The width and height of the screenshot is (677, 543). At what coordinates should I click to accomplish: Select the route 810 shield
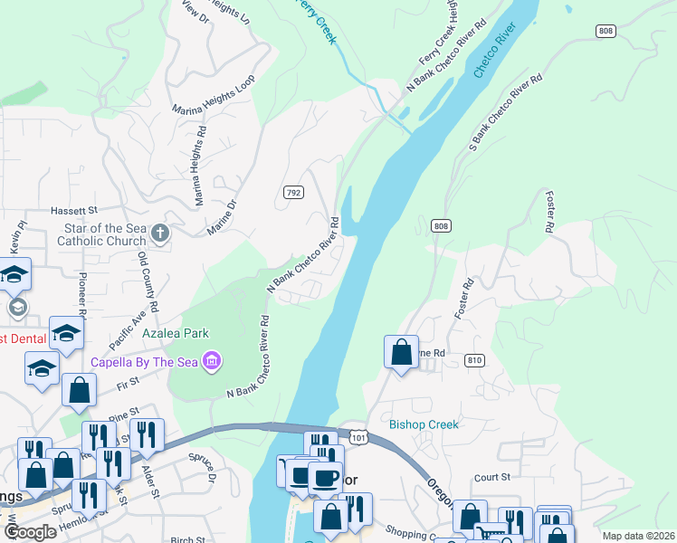click(x=473, y=360)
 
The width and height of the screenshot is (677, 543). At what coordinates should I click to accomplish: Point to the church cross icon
click(x=160, y=234)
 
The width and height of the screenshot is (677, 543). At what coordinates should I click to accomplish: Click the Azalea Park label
click(x=176, y=333)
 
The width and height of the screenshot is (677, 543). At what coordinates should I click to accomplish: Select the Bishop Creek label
click(x=424, y=424)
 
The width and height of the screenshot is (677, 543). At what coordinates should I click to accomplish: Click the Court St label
click(x=492, y=476)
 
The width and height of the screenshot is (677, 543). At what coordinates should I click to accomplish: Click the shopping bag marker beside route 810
click(x=401, y=351)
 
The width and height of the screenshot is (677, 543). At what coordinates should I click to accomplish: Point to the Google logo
click(x=30, y=532)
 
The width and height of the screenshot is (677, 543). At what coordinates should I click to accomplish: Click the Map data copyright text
click(x=637, y=536)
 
